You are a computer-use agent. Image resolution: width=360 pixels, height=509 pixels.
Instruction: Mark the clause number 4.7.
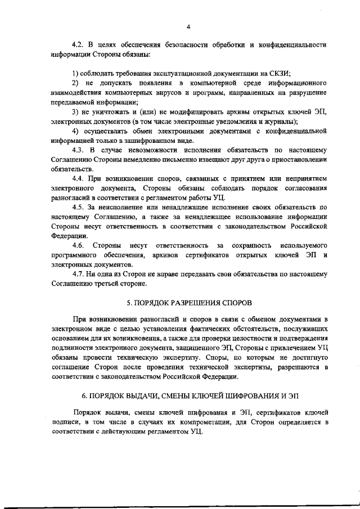coord(79,274)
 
